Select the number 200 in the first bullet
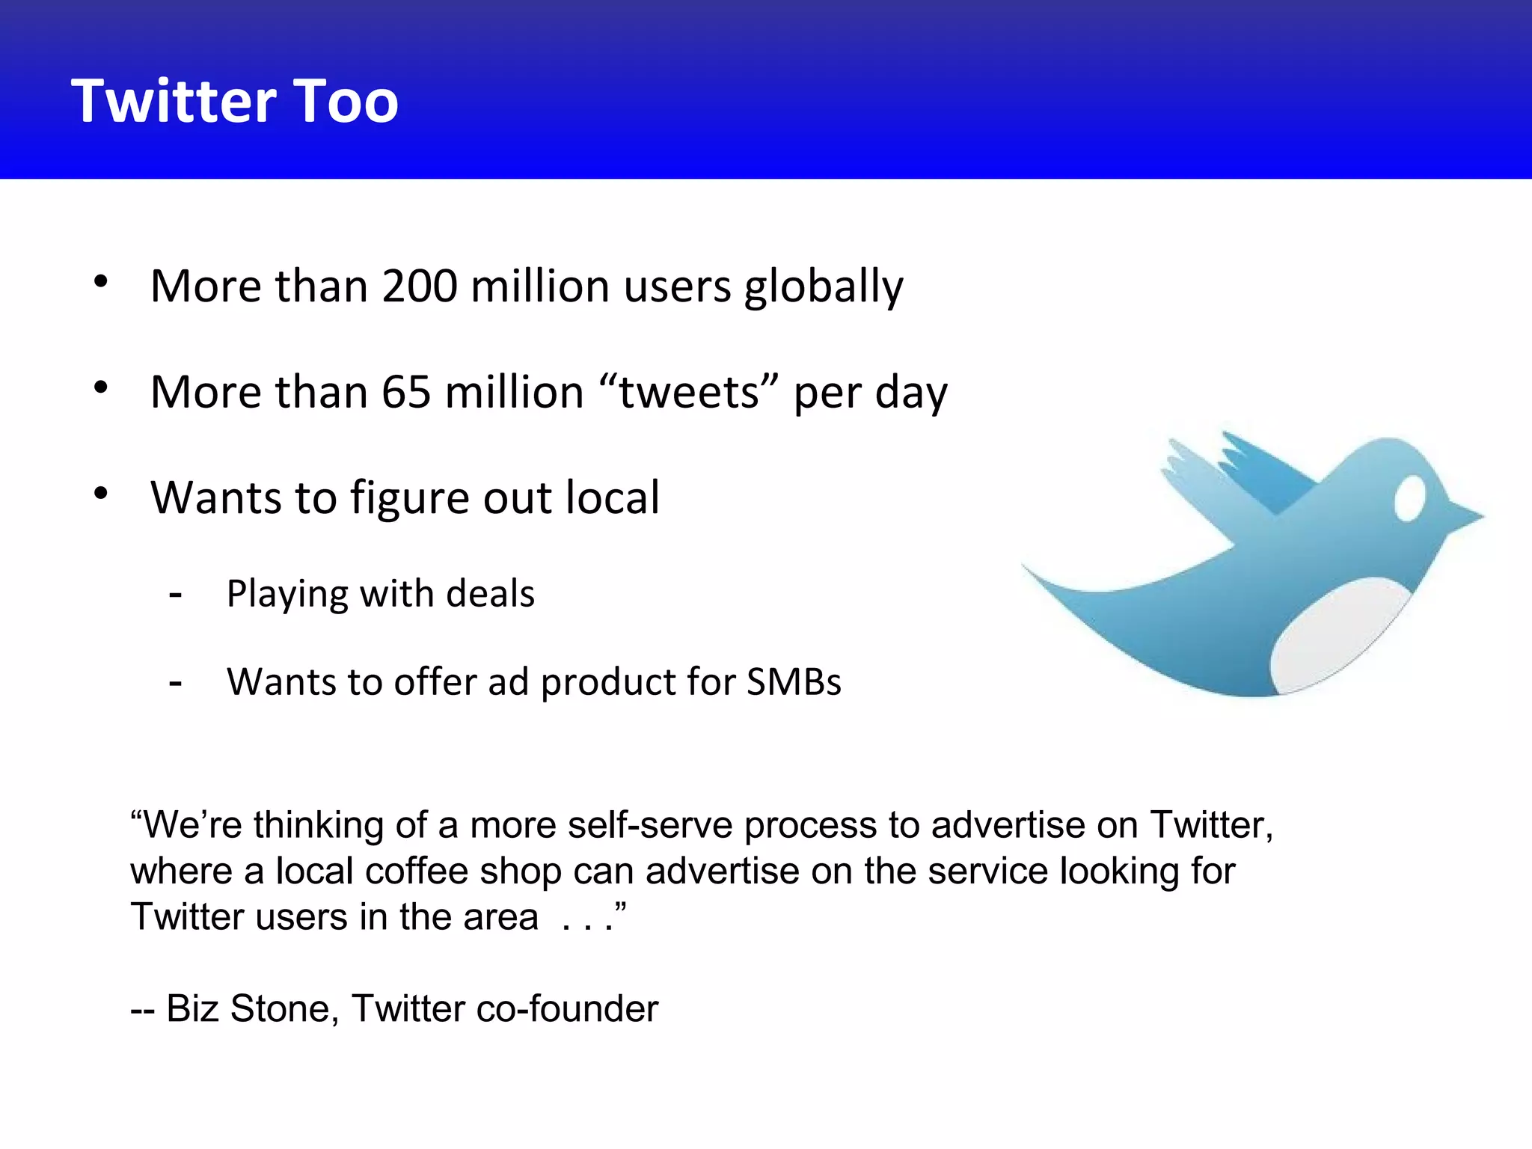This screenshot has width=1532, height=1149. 419,286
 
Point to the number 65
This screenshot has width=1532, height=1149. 406,392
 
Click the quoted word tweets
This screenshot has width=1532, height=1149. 689,392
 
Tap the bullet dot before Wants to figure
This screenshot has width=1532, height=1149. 101,494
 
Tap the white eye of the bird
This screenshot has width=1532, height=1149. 1409,499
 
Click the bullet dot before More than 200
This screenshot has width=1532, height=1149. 101,282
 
